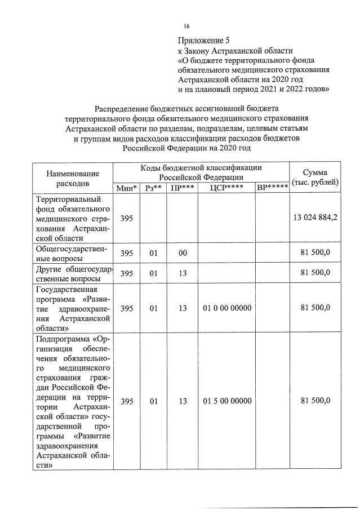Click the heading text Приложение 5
tap(205, 40)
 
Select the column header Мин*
tap(127, 188)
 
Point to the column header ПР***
tap(183, 188)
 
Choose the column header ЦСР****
tap(226, 188)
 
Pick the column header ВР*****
tap(272, 188)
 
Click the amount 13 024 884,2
tap(315, 218)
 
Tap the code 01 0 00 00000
tap(226, 308)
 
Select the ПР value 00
tap(183, 253)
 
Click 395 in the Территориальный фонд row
tap(127, 218)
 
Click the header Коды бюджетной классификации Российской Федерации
tap(201, 171)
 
